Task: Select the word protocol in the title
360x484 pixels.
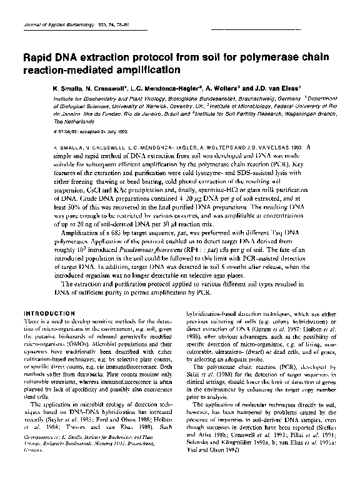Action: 149,58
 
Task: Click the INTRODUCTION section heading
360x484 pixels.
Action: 49,312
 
